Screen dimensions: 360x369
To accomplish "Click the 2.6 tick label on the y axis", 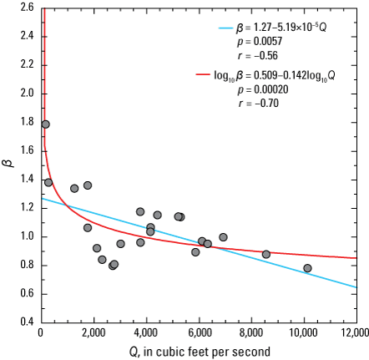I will (26, 7).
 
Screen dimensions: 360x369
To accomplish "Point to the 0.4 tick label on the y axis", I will (26, 322).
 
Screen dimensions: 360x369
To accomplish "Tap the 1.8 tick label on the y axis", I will (26, 121).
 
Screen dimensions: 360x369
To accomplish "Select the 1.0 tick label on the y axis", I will (26, 236).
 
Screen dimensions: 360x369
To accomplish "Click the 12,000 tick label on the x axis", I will (355, 333).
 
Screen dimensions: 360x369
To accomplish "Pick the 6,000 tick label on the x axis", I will (198, 333).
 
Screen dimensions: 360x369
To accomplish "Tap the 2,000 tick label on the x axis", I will (94, 333).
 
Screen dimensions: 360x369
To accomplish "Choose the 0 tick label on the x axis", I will (41, 333).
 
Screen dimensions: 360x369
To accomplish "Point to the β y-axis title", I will (8, 164).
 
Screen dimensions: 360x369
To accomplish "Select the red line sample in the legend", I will (205, 76).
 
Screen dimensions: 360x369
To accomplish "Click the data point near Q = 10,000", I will (307, 268).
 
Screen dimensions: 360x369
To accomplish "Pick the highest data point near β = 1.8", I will (45, 124).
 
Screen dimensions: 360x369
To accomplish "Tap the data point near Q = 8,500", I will (265, 254).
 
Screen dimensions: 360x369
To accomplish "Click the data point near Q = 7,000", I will (223, 237).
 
